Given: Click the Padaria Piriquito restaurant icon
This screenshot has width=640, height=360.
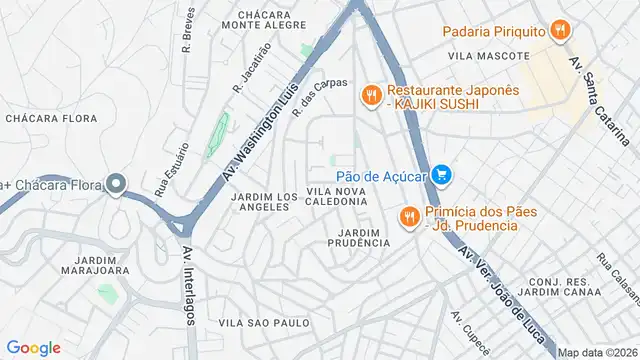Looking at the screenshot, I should [x=559, y=31].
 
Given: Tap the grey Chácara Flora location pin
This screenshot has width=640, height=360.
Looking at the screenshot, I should [x=116, y=184].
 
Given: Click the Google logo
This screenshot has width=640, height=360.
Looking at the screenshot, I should [x=33, y=347].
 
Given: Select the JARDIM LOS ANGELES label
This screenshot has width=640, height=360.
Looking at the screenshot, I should [x=260, y=201].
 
